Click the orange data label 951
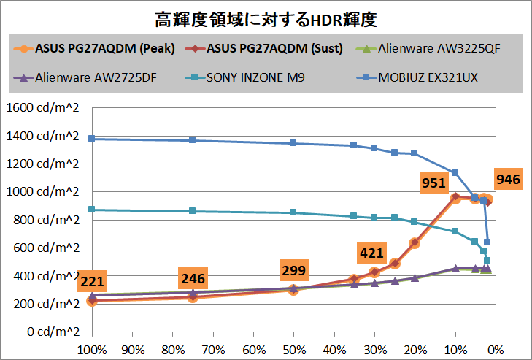[433, 183]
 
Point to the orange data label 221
[91, 281]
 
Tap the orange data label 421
[371, 253]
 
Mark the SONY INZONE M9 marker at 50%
[293, 212]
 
